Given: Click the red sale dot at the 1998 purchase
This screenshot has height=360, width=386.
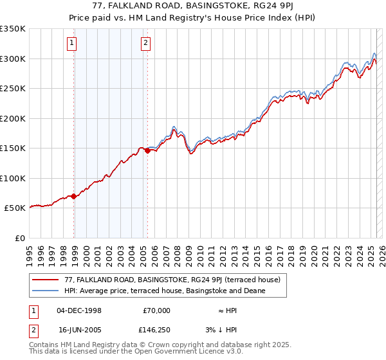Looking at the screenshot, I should click(74, 196).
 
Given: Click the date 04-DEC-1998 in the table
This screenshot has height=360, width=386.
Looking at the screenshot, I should click(79, 310).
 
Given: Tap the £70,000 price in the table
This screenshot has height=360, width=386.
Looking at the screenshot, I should click(156, 310).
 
